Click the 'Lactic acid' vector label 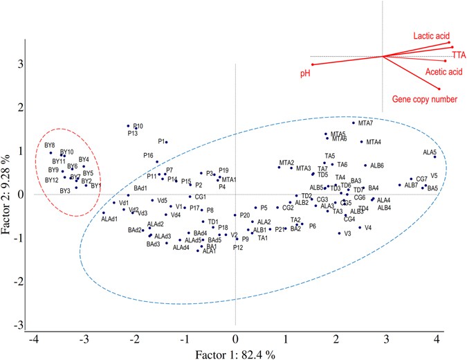[432, 34]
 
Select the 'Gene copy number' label [425, 99]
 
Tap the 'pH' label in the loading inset [304, 72]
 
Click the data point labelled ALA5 [435, 157]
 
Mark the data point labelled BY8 [51, 152]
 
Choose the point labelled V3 [339, 233]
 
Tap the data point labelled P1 [166, 142]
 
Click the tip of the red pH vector [312, 64]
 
